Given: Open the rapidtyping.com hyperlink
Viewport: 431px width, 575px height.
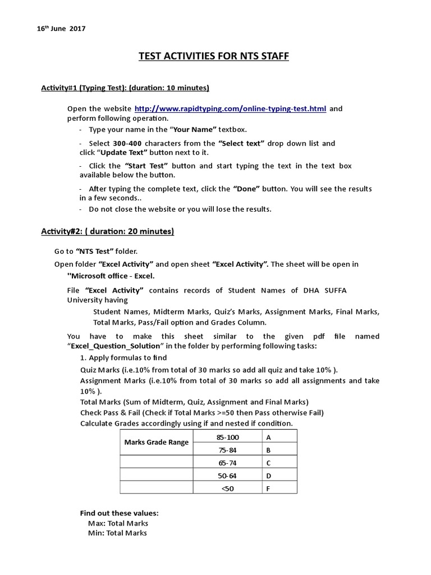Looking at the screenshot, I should [230, 108].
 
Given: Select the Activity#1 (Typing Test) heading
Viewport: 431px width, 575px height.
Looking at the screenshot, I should [125, 88].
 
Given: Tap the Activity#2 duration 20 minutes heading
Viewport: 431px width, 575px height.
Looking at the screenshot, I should [107, 231].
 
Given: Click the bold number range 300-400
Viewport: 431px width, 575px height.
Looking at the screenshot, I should [128, 143].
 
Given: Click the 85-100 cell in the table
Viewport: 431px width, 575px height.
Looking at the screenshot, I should [227, 436].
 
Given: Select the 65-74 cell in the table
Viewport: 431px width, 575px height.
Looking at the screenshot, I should [227, 463].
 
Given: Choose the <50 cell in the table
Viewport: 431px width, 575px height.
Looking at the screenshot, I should [227, 488].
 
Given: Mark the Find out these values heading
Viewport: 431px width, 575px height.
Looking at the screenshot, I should [120, 513].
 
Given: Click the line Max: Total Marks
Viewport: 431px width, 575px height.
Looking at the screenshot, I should [118, 523].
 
